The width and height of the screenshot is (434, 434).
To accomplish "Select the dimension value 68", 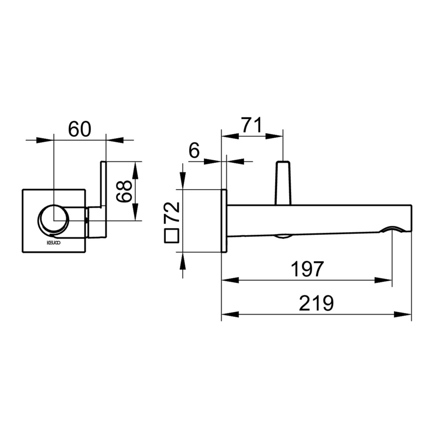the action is pos(124,191).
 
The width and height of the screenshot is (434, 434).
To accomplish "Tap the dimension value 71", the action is pos(252,125).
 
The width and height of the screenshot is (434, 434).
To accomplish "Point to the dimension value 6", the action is pos(194,151).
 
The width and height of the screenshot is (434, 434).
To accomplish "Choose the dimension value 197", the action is pos(307,269).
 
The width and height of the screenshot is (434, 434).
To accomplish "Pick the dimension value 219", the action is pos(316,303).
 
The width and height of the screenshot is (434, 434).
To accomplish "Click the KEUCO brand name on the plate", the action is pos(53,243).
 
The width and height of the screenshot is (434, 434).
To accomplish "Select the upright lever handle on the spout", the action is pos(283,183).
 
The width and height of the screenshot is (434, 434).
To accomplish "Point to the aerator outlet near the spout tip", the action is pos(392,229).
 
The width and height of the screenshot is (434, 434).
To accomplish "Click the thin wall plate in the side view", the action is pos(224,221).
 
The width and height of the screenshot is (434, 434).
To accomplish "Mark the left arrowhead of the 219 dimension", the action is pos(230,314).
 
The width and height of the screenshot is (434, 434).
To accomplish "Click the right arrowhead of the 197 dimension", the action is pos(383,280).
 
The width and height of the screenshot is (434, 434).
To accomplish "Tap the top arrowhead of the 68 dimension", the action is pos(135,170).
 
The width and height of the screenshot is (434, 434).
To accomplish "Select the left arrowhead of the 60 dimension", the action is pos(44,140).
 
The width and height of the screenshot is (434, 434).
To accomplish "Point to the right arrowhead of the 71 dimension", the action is pos(274,136).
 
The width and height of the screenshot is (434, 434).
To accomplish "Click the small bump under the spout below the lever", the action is pos(283,236).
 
